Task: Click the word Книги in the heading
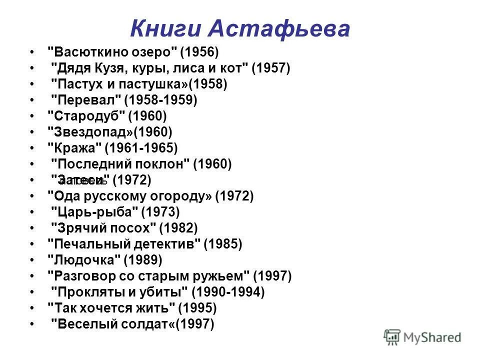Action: [166, 28]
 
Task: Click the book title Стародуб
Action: [85, 116]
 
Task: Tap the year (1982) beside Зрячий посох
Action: [178, 228]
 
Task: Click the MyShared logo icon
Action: [392, 337]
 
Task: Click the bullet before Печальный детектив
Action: [32, 244]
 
